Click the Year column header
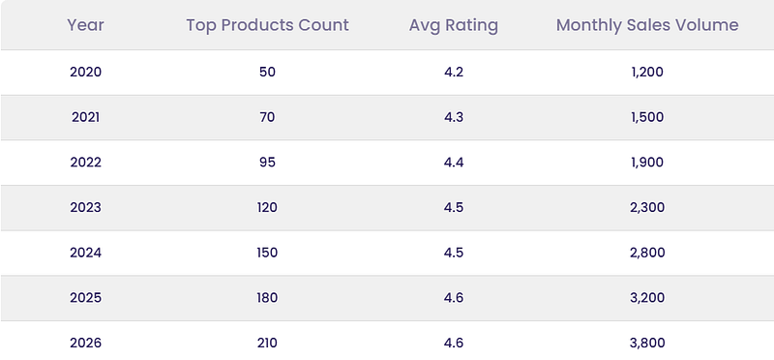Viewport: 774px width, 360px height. coord(85,25)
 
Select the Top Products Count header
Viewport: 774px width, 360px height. coord(267,25)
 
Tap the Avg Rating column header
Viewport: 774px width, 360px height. coord(453,26)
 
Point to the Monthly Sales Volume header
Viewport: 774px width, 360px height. coord(647,26)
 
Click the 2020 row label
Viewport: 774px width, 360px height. coord(85,73)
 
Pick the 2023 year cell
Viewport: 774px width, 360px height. coord(85,207)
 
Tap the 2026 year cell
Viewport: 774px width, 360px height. coord(85,343)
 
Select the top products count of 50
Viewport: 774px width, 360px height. coord(267,73)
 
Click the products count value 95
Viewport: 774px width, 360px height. coord(267,163)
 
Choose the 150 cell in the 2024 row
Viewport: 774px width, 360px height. coord(267,253)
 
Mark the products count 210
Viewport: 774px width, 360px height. coord(267,343)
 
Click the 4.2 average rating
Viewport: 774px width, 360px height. coord(454,73)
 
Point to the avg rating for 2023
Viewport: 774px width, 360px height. coord(454,207)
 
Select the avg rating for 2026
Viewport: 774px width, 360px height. coord(454,343)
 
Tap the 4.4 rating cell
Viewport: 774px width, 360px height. coord(454,163)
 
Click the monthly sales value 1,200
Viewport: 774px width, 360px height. coord(647,73)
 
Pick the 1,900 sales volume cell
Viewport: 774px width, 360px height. coord(647,163)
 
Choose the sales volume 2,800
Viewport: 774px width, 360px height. coord(647,253)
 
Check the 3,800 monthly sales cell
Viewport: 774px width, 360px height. coord(647,343)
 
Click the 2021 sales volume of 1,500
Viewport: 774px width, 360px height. coord(647,117)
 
